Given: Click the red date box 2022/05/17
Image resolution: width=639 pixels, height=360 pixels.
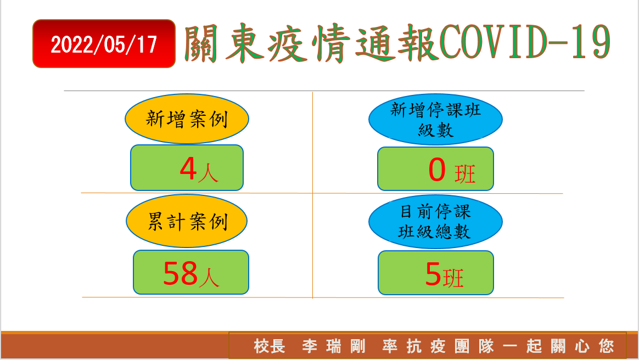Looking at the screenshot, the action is click(104, 43).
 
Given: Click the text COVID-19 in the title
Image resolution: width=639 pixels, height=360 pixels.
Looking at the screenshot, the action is click(525, 42).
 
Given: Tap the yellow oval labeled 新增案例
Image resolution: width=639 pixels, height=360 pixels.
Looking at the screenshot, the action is click(187, 119).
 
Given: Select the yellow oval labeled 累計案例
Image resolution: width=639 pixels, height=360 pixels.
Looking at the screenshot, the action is click(187, 221).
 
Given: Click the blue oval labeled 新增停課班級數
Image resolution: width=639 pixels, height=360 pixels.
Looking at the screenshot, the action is click(435, 119).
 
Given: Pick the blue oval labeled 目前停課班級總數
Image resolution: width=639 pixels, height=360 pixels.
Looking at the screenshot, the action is click(435, 222).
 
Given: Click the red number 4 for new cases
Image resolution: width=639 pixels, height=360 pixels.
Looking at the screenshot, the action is click(188, 168).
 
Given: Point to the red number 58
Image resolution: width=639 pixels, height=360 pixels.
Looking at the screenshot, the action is click(181, 273).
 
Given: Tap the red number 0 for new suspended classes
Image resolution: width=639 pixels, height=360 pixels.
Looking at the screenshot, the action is click(437, 170).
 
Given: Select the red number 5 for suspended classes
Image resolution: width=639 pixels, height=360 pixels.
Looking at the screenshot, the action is click(433, 274).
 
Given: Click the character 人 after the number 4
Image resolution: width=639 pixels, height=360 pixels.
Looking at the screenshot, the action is click(208, 173).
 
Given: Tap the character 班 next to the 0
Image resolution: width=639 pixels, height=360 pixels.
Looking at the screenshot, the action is click(465, 175).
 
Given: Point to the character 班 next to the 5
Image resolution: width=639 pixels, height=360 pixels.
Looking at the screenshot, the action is click(453, 279).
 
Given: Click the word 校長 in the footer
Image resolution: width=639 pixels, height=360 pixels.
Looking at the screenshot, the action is click(270, 347).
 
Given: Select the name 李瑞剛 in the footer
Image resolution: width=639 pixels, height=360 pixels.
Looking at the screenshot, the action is click(334, 347).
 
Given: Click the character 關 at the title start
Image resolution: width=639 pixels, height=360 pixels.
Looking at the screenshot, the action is click(201, 43).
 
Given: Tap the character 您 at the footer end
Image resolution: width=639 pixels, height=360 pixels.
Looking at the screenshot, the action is click(607, 347).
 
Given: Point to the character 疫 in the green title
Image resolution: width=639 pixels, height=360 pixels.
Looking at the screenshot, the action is click(287, 43).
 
